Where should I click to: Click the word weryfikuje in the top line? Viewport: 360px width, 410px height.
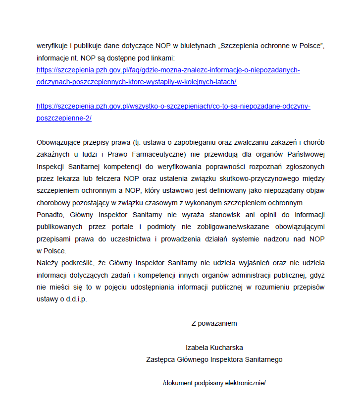51,46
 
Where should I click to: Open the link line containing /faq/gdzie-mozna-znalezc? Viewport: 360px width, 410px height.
168,70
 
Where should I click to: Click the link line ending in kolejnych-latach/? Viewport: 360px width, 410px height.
136,82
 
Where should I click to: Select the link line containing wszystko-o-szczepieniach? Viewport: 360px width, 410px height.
173,106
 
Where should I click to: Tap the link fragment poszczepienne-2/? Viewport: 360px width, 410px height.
64,118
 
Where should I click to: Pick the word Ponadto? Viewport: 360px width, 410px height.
49,215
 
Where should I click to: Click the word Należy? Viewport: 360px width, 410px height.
47,263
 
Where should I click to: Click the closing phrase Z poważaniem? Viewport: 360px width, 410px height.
214,323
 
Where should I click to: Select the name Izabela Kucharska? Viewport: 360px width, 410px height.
214,348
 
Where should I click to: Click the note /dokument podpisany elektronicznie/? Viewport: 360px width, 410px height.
214,383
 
